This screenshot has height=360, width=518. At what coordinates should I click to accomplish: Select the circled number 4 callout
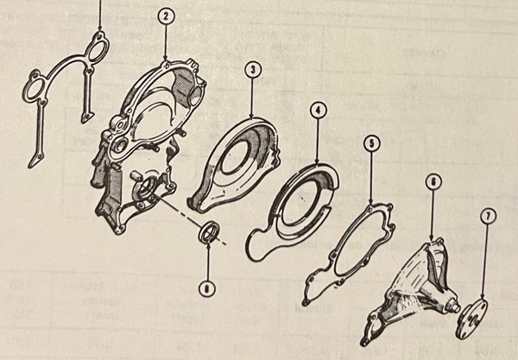(x=319, y=111)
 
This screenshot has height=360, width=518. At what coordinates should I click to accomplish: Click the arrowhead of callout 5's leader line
(x=370, y=206)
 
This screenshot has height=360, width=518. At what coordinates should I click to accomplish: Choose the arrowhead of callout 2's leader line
(x=166, y=64)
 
